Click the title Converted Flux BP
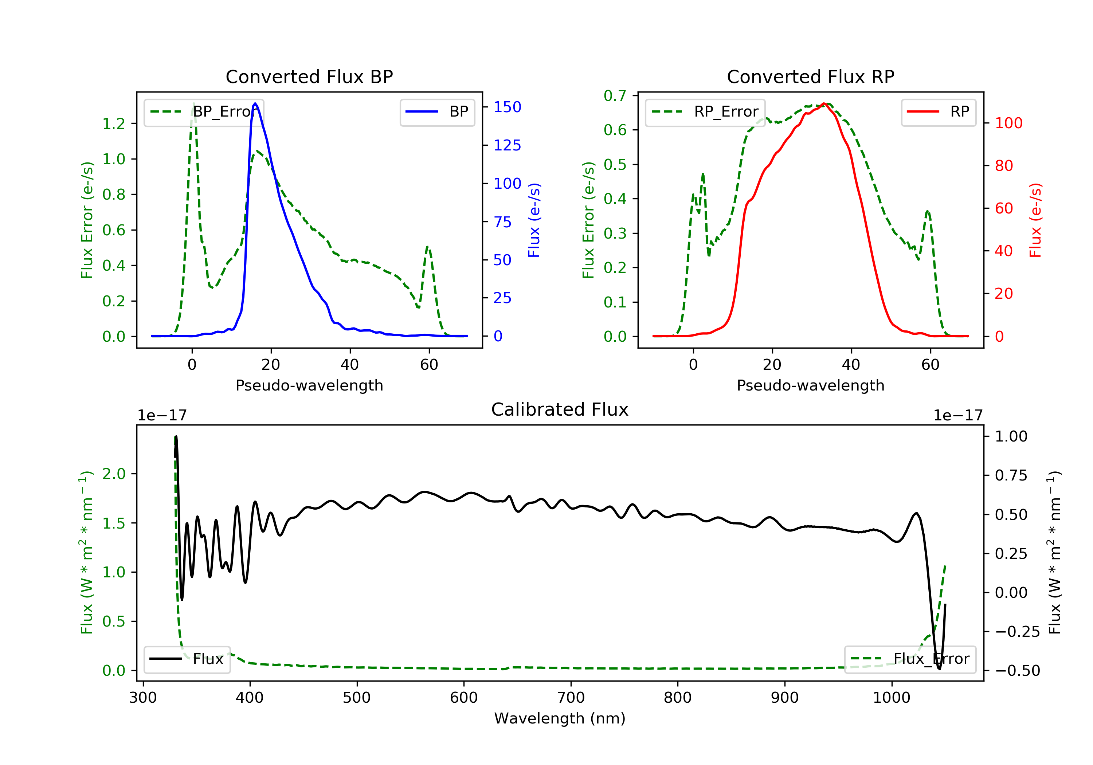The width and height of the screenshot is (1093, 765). [x=309, y=76]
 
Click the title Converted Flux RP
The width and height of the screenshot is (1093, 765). [x=810, y=76]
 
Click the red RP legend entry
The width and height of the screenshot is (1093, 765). [x=938, y=112]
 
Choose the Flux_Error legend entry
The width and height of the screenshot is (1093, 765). [x=910, y=659]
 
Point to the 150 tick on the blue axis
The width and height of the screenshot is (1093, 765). [x=507, y=107]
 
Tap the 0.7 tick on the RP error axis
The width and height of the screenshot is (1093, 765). [x=615, y=96]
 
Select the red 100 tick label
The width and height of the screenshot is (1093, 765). [x=1008, y=123]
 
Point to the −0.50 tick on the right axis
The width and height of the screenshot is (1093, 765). [x=1017, y=671]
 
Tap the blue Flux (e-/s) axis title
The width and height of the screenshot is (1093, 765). [x=534, y=220]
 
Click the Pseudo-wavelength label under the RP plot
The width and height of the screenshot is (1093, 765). [x=810, y=385]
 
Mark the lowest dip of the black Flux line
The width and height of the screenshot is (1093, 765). [x=939, y=669]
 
